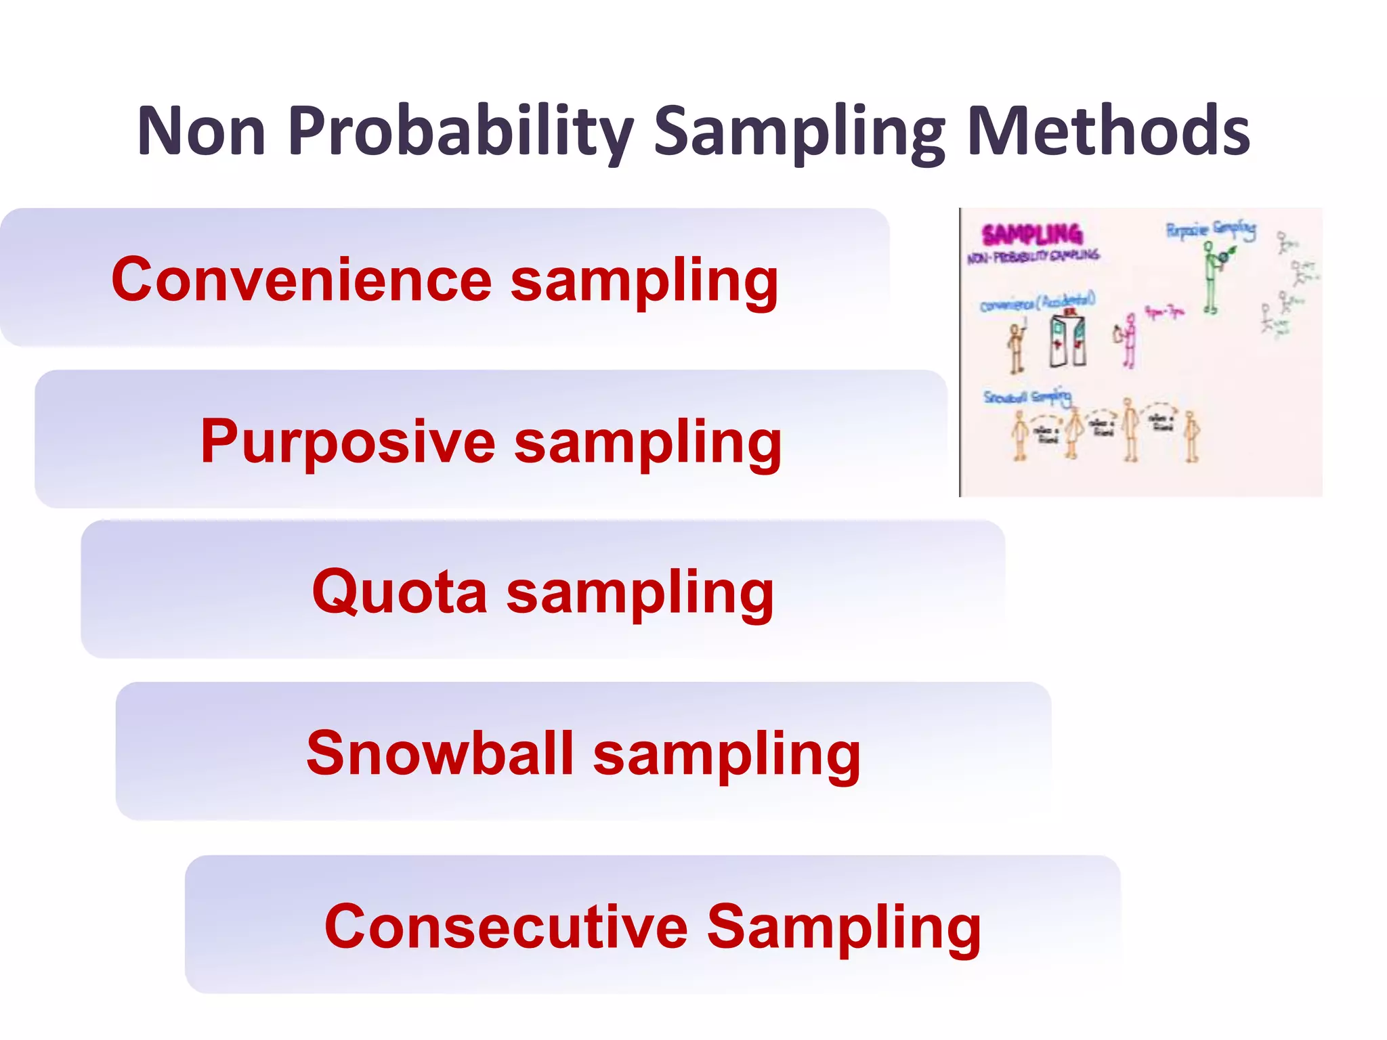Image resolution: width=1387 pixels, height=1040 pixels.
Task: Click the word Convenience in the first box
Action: coord(301,280)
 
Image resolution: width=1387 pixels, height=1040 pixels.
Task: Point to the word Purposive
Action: coord(348,441)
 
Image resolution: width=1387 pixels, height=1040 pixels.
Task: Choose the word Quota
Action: coord(400,592)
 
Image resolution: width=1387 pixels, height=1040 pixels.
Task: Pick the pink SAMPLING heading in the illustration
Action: coord(1032,235)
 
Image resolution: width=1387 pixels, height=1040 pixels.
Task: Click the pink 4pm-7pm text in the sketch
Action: coord(1164,312)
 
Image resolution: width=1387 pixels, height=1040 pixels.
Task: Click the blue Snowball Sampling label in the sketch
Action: coord(1027,397)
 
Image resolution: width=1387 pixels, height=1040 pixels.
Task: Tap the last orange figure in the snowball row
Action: coord(1192,437)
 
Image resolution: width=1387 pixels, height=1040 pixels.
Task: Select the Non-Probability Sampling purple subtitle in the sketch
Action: coord(1033,256)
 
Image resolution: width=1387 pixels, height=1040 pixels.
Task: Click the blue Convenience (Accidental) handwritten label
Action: coord(1038,303)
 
